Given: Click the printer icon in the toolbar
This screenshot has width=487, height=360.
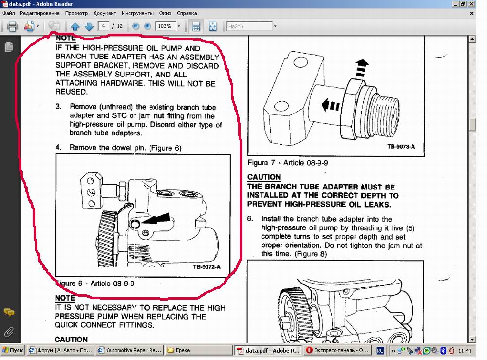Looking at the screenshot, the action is coord(12,26).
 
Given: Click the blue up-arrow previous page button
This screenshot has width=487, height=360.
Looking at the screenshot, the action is coord(75,26).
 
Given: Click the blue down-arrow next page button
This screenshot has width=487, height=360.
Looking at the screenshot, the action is coord(89,26).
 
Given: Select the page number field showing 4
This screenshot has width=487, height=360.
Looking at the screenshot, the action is coord(103,26).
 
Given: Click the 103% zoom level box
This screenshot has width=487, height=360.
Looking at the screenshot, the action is coord(166,26).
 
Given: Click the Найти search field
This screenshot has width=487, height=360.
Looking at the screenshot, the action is coord(250,26).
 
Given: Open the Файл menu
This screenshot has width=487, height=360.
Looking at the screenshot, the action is coord(9,13).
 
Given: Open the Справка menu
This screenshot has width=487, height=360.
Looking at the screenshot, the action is coord(187,13).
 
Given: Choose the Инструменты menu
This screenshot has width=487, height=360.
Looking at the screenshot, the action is coord(138,13).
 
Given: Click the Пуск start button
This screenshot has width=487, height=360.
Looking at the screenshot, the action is coord(13,350).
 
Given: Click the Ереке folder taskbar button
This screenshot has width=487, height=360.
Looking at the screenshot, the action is coord(199,350).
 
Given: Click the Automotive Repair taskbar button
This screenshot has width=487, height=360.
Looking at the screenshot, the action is coord(130,350).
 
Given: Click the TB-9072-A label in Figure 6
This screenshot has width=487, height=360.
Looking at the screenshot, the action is coord(206,267).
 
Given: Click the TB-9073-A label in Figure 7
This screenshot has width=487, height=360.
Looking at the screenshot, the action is coord(401,146).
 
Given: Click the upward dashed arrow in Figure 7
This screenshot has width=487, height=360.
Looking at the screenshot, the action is coord(361,68).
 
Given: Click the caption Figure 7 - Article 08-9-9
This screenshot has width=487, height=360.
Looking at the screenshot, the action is coord(288,163).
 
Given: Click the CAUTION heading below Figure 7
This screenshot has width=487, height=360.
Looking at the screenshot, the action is coord(264,177).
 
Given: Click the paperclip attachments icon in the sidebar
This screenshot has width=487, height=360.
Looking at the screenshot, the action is coord(9,332).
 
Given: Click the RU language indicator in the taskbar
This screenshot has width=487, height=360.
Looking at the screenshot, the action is coord(380,351).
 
